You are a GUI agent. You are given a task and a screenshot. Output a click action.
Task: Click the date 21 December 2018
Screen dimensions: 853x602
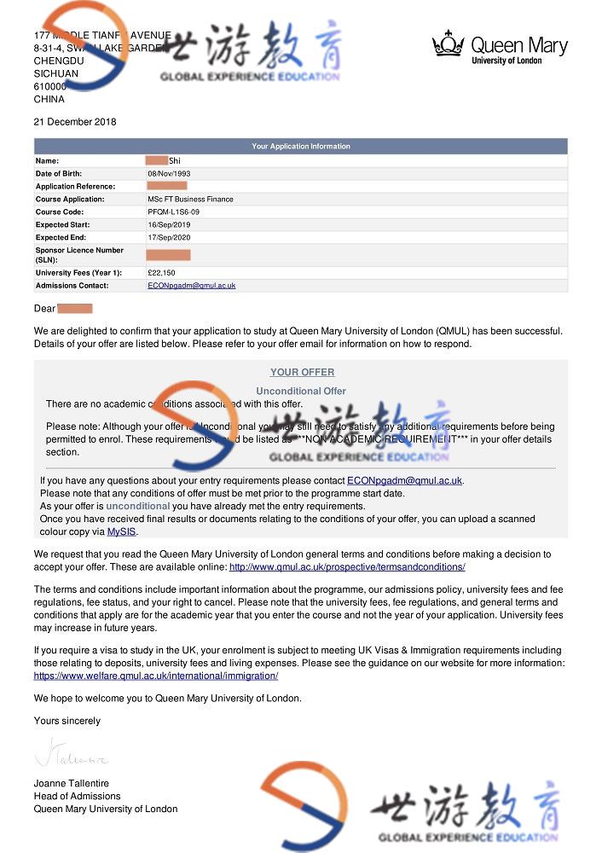[x=75, y=121]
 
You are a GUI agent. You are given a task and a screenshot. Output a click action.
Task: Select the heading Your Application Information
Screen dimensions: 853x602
[x=301, y=147]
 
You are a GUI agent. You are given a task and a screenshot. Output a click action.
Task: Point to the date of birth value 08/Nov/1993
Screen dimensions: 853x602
[x=169, y=173]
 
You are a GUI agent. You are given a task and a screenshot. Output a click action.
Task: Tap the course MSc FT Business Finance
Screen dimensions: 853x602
[x=190, y=199]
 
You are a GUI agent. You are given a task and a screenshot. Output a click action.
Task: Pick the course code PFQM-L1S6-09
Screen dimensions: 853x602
[x=174, y=212]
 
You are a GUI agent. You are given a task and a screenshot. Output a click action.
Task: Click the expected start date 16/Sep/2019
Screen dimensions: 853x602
[x=169, y=224]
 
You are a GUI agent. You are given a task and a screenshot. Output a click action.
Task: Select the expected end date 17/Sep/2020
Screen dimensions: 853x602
[x=169, y=237]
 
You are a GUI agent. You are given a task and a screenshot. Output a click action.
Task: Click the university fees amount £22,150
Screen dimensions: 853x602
[x=161, y=273]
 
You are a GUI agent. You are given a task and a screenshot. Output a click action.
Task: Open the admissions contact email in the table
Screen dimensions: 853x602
[x=191, y=286]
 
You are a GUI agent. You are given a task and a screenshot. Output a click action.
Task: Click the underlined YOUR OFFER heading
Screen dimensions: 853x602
[x=302, y=372]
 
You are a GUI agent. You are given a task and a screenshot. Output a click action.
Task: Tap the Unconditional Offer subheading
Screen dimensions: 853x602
[x=301, y=391]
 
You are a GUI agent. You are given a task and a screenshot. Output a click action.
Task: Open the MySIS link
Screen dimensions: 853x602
[x=120, y=531]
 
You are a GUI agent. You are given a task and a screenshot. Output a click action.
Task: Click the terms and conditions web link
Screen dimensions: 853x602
[x=347, y=567]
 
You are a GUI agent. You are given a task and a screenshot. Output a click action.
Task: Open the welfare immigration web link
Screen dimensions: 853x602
[x=156, y=676]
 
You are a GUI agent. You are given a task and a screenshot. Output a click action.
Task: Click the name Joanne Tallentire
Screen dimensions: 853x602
[x=72, y=783]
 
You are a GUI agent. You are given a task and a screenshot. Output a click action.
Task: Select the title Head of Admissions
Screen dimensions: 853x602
[x=77, y=796]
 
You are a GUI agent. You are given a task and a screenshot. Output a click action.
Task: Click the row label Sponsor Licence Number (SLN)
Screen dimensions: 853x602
[x=79, y=255]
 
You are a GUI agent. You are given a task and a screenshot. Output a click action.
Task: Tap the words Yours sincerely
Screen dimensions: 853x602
[x=67, y=721]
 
